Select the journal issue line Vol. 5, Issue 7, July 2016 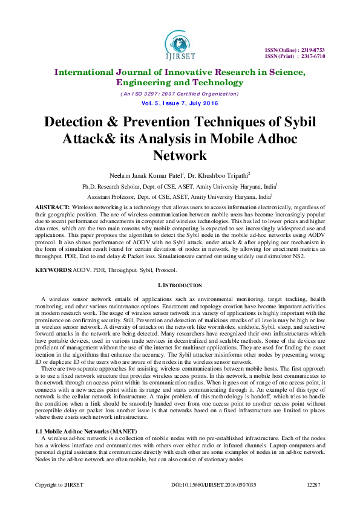click(x=180, y=104)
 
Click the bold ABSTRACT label click(x=52, y=207)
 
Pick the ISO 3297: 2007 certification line click(x=180, y=94)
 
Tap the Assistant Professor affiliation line click(x=179, y=197)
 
